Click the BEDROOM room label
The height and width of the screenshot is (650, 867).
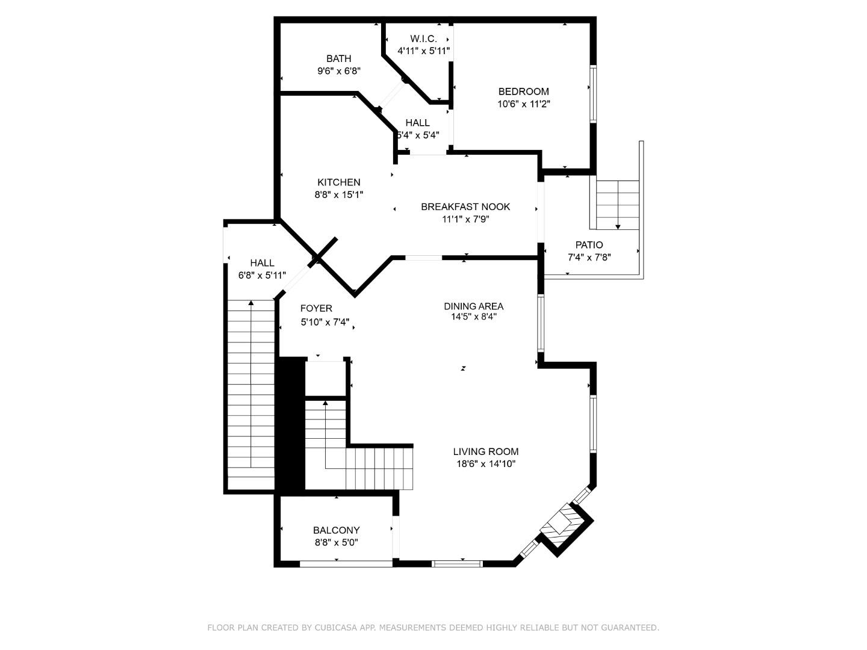[523, 91]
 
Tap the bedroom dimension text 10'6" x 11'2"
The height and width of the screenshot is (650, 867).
[523, 104]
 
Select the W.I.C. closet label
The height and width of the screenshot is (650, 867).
[423, 39]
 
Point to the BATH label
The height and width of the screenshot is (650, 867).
[338, 58]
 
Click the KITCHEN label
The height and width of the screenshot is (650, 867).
[338, 182]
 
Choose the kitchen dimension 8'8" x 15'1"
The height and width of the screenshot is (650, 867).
[338, 194]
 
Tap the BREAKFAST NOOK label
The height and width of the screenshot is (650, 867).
[465, 206]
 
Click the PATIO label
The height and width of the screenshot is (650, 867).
[588, 245]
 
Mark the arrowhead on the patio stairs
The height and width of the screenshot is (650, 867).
[618, 226]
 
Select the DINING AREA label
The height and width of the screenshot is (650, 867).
[473, 306]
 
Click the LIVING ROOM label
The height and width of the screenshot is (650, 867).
[485, 451]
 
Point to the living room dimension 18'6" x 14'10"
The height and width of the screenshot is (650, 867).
[485, 464]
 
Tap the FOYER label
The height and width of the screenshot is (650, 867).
[316, 309]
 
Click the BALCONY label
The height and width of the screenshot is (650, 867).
[336, 530]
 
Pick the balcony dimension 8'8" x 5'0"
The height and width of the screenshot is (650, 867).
[336, 542]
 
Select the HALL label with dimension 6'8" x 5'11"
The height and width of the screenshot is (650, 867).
[262, 263]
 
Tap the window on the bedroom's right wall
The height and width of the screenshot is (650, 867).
[592, 93]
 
